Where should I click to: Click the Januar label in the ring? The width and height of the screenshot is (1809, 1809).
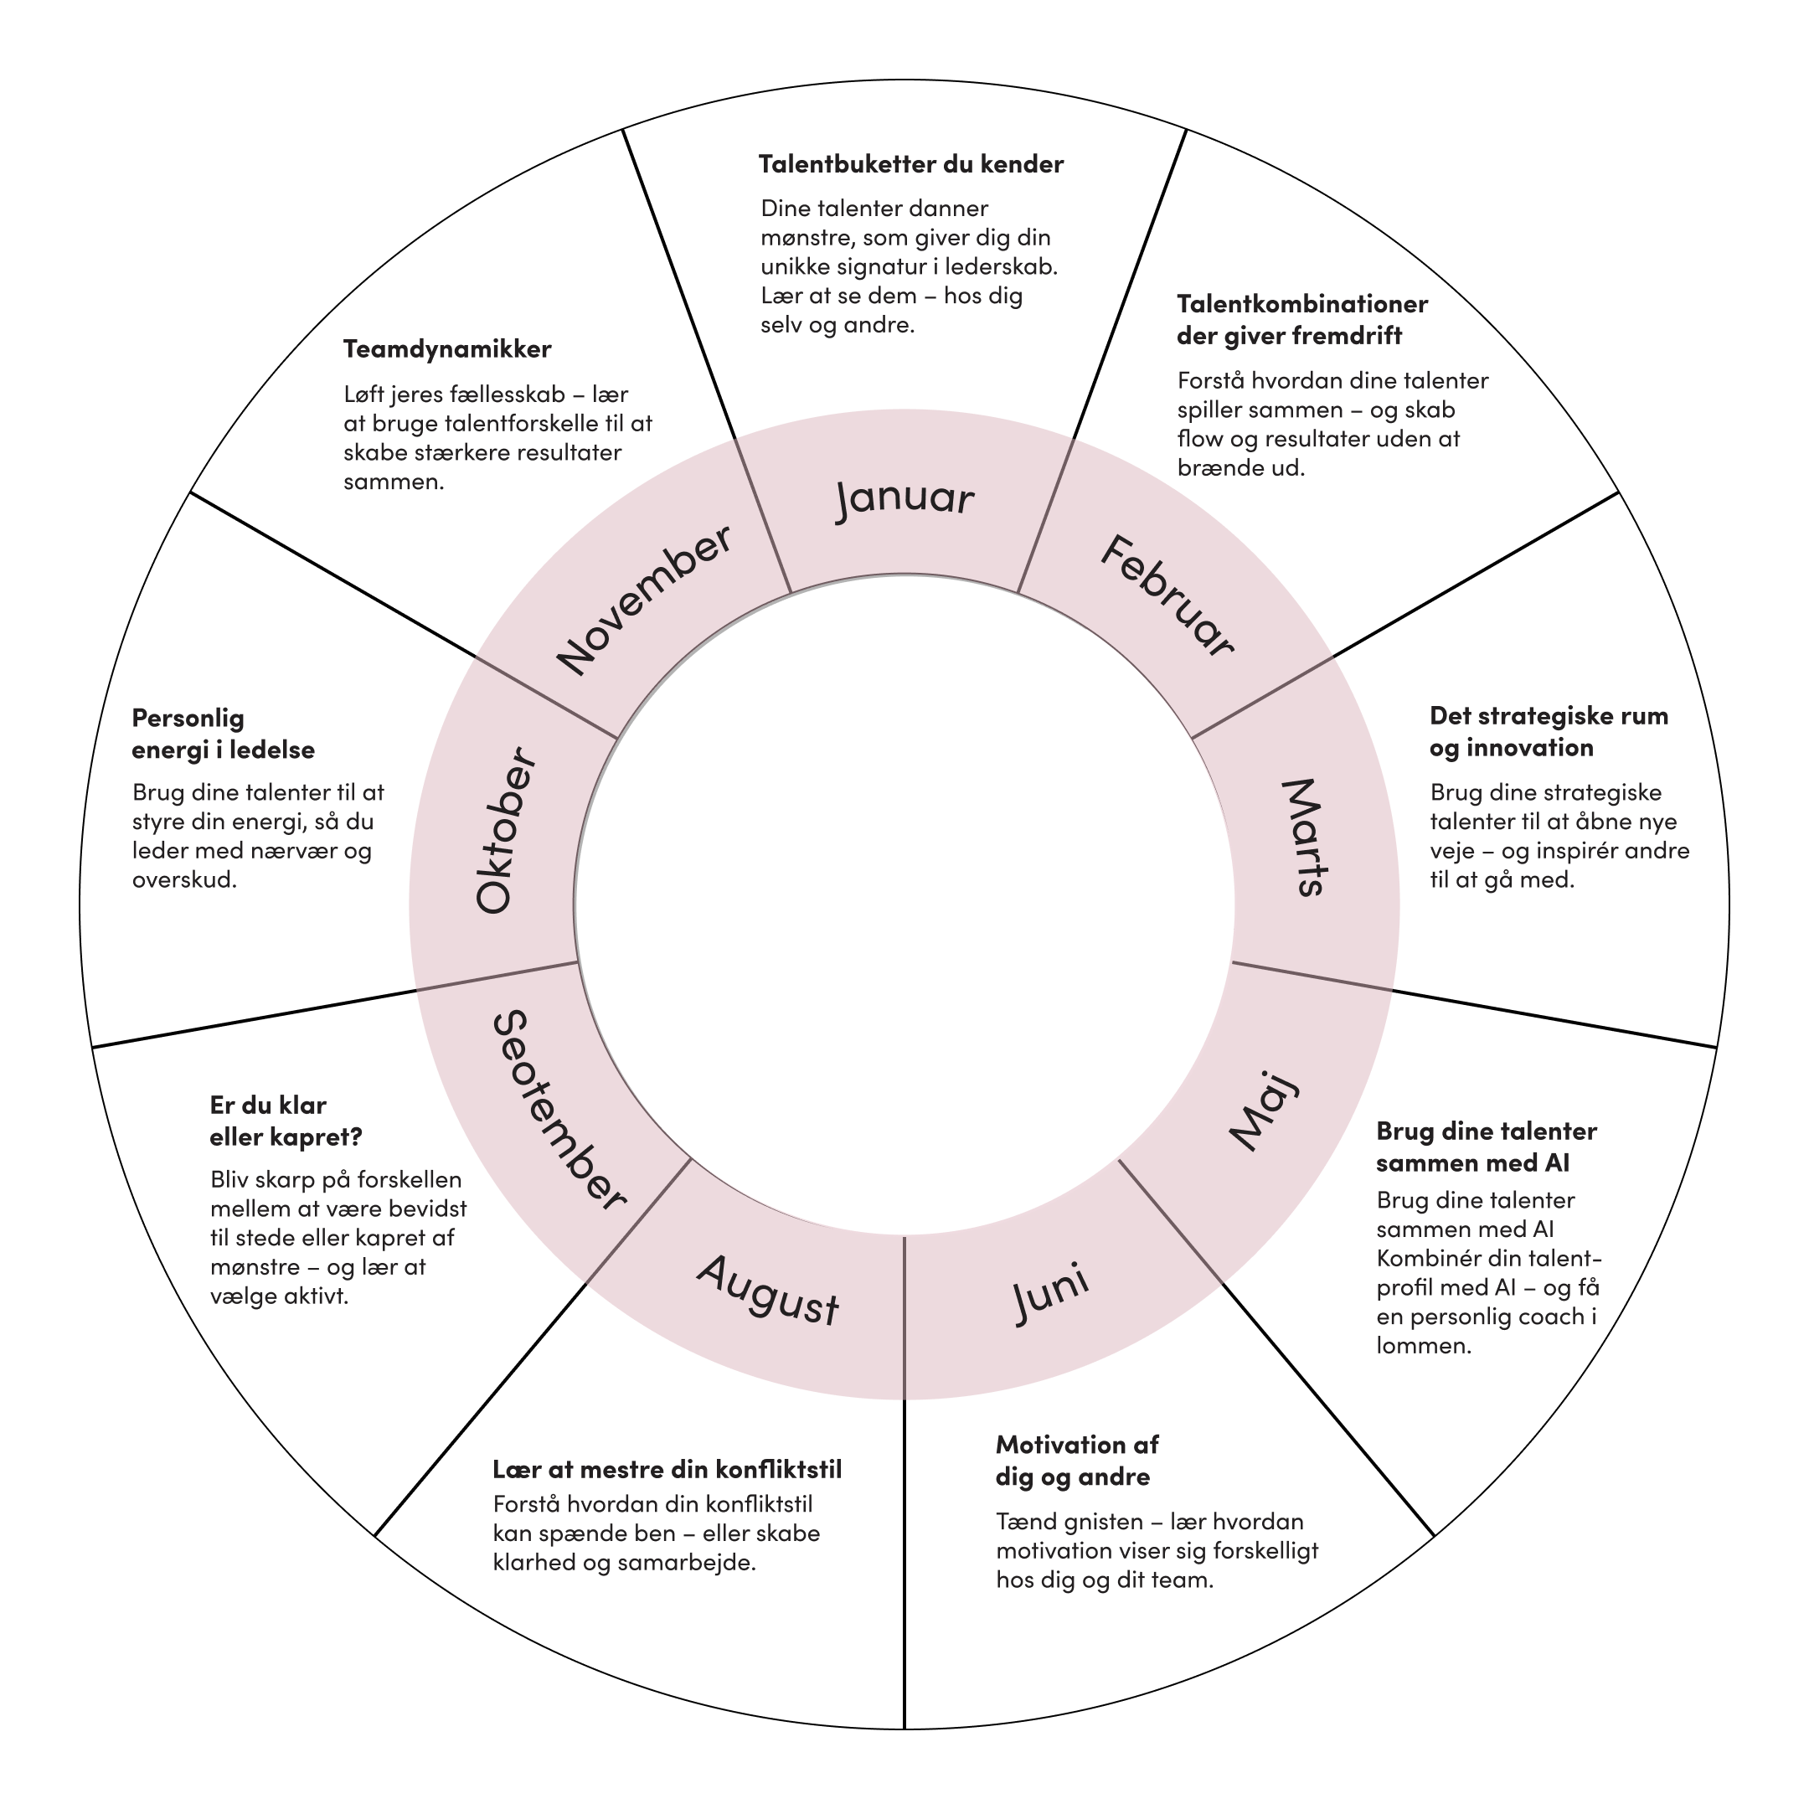pos(904,498)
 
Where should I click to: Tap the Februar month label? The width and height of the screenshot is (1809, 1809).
pos(1167,596)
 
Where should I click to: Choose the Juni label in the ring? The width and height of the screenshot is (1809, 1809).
pos(1050,1291)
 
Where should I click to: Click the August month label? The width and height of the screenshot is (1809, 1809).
pos(768,1290)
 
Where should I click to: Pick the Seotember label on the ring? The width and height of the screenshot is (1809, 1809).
pos(558,1111)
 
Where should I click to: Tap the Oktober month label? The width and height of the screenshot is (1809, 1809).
pos(507,831)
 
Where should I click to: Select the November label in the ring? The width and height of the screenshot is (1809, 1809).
pos(644,600)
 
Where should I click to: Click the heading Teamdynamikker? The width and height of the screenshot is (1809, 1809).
pos(446,349)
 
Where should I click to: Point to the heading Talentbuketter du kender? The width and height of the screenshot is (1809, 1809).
pos(911,165)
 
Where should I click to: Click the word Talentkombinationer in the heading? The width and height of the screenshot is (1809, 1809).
pos(1301,304)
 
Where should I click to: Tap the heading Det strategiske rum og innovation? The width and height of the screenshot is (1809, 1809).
pos(1549,732)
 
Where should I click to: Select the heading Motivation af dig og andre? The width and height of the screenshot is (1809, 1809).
pos(1077,1461)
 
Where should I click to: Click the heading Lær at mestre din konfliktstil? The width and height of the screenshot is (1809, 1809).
pos(667,1469)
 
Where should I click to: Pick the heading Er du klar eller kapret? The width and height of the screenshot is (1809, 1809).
pos(286,1121)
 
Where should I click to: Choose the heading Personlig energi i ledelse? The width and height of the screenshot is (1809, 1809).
pos(223,734)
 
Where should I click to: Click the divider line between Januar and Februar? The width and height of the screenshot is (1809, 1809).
pos(1045,517)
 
